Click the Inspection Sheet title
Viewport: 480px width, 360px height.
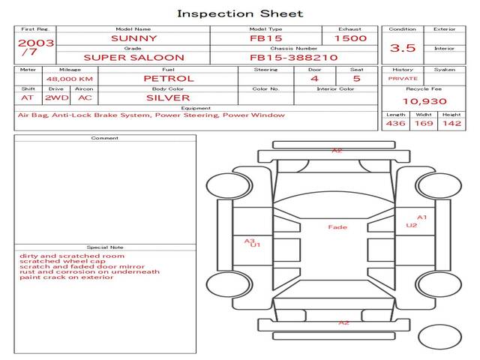[x=240, y=13]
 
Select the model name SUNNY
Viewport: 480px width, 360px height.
[x=134, y=38]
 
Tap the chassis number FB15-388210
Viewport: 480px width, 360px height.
[x=293, y=57]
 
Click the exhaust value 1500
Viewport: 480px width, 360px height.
[x=350, y=38]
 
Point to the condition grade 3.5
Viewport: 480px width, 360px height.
[x=403, y=48]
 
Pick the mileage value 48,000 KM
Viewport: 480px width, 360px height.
[x=69, y=79]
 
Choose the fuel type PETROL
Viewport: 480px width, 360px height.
[x=168, y=78]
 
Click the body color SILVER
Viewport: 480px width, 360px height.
[x=168, y=97]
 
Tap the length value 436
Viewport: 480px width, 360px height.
[x=395, y=123]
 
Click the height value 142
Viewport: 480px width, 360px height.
[x=451, y=123]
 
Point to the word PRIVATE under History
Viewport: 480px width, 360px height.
[x=403, y=79]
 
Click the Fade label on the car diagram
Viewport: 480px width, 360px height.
[x=337, y=226]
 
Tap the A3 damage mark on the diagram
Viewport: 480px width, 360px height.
[x=250, y=241]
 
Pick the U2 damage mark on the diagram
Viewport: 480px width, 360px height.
[x=411, y=225]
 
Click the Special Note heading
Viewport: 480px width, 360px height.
[x=105, y=247]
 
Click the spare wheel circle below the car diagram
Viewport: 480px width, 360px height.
[x=440, y=337]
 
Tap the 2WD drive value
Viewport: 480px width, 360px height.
[x=55, y=97]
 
